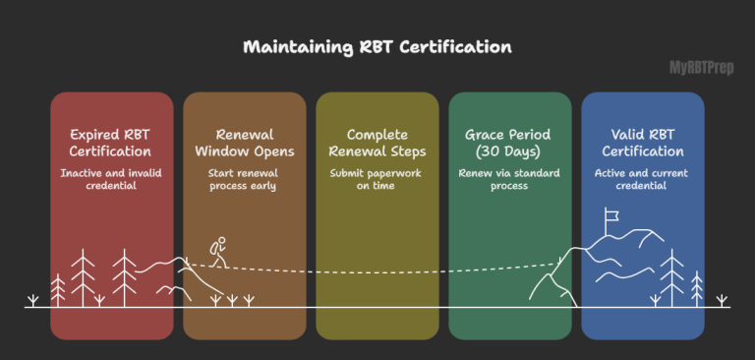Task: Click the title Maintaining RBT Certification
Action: click(377, 47)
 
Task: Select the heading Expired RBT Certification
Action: click(111, 144)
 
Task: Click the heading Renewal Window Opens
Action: click(244, 144)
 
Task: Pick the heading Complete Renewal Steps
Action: click(377, 144)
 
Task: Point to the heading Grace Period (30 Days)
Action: click(509, 144)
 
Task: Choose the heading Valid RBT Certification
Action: click(642, 144)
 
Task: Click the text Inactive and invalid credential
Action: click(111, 181)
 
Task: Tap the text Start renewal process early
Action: click(244, 181)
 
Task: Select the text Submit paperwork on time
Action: click(377, 181)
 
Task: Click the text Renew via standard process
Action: click(509, 181)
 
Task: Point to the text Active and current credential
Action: click(642, 181)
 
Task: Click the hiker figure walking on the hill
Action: click(218, 252)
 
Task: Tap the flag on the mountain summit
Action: click(611, 214)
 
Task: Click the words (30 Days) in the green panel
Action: click(509, 152)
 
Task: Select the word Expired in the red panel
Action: click(96, 135)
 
